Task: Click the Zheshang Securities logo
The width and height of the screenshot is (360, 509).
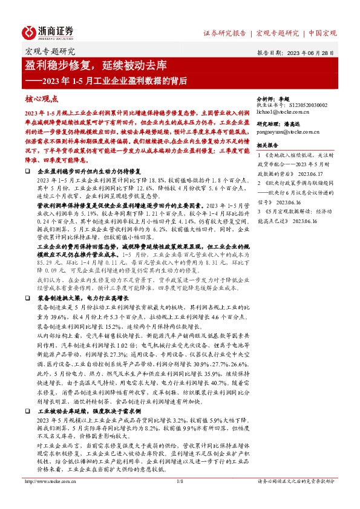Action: click(x=48, y=33)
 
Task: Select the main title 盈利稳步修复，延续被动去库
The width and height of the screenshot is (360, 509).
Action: click(x=100, y=65)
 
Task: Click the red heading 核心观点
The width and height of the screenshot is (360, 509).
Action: click(x=41, y=99)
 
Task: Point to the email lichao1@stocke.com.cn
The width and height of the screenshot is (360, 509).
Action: click(x=283, y=112)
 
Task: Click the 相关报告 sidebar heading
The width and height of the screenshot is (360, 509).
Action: click(x=267, y=146)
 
